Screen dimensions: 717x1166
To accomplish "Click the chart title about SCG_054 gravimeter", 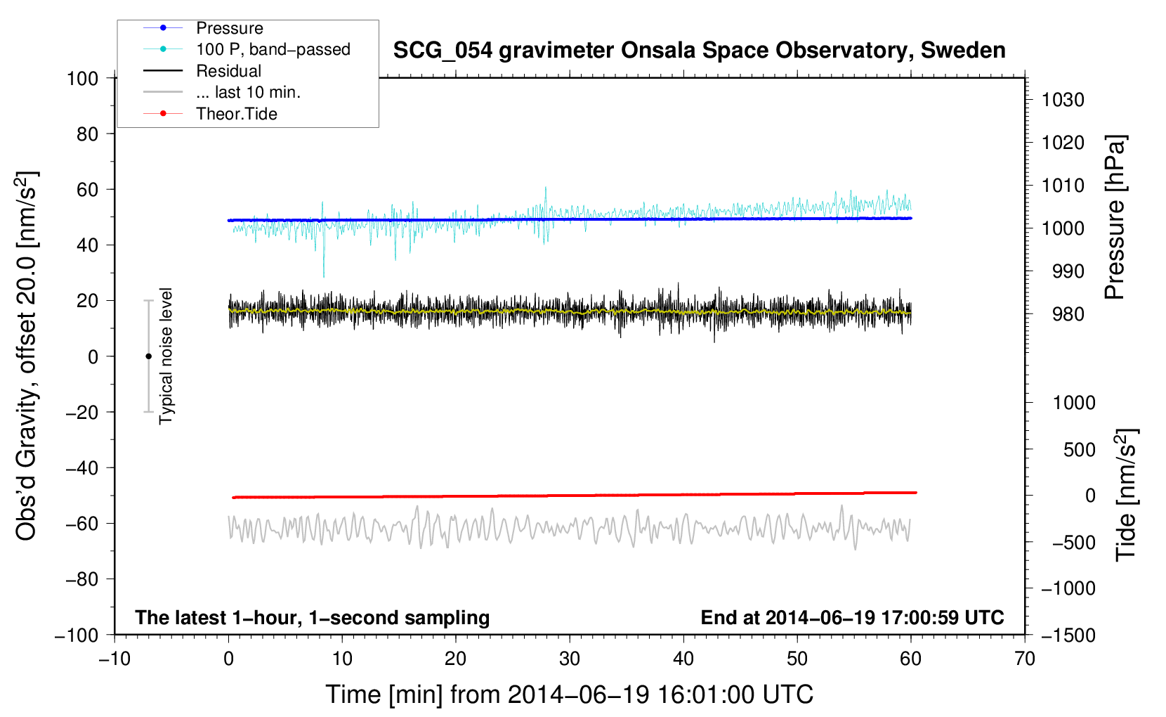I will [x=699, y=51].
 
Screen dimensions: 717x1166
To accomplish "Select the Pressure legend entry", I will [x=229, y=28].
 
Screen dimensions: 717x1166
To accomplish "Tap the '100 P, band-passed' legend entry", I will [x=273, y=49].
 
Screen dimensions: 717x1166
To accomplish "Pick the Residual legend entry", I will [x=228, y=71].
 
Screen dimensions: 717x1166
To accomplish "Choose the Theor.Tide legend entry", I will [x=236, y=114].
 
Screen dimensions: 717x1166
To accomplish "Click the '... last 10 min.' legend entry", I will [x=248, y=92].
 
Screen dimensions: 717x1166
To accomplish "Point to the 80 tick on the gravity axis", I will [x=87, y=134].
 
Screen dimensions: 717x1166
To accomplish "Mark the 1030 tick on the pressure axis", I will [x=1063, y=100].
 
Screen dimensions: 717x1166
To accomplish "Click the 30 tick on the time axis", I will [x=570, y=659].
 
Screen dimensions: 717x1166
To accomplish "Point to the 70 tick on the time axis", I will [x=1025, y=659].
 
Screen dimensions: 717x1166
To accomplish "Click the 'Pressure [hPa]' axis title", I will [x=1115, y=217].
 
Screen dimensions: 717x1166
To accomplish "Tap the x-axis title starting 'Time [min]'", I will [x=569, y=695].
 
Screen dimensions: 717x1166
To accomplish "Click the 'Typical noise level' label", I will [x=166, y=356].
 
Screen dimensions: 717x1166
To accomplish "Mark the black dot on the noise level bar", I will [x=148, y=356].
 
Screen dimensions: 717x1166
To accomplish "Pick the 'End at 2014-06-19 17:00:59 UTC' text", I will [x=852, y=617].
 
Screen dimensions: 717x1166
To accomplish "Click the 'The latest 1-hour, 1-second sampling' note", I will [x=312, y=617].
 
